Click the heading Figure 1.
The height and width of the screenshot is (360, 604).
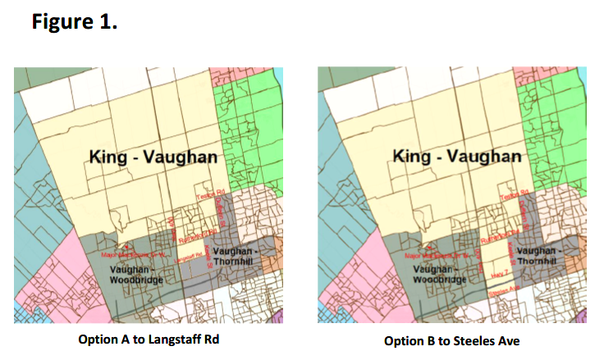75,21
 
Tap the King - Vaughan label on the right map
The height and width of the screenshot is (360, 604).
457,156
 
